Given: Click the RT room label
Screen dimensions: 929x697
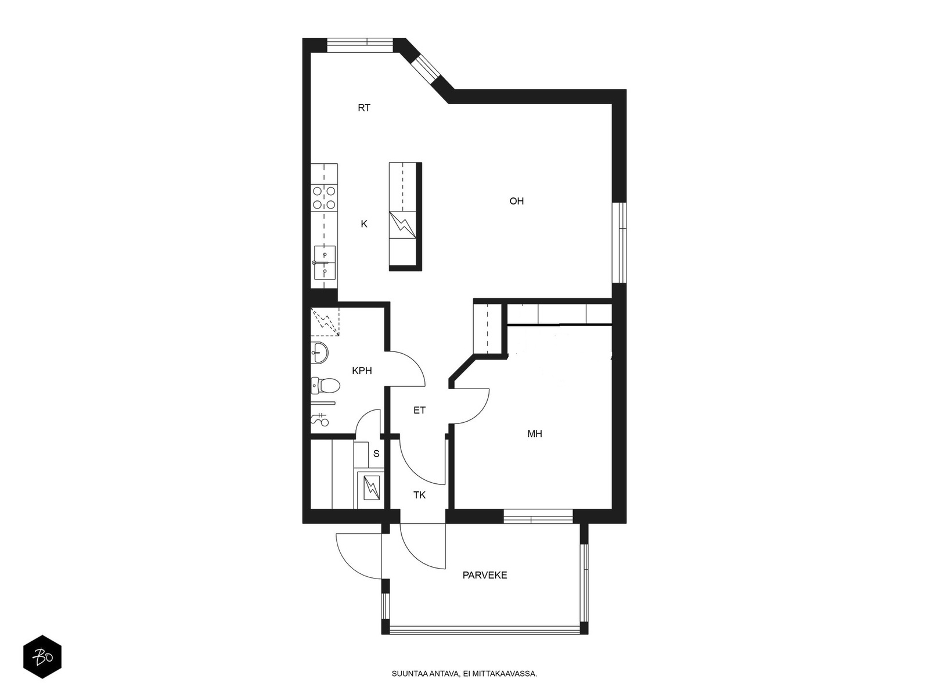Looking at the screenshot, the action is pos(363,108).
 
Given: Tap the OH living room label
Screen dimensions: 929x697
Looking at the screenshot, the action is pos(516,201).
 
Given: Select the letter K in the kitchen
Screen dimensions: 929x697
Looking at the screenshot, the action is pos(363,224).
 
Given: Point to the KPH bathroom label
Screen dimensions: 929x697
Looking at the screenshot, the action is pos(362,371).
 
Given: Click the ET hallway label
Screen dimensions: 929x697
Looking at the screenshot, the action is pos(419,410).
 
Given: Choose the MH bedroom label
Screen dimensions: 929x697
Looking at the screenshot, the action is pos(535,433).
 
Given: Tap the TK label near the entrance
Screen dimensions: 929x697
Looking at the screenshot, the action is pos(419,495).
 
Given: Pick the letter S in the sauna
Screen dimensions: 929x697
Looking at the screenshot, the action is pos(376,454).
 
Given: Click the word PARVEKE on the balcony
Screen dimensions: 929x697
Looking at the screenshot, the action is pos(485,575).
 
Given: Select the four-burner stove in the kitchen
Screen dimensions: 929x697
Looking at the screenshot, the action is pos(324,198).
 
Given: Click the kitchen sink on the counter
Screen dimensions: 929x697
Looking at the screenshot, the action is pos(324,263).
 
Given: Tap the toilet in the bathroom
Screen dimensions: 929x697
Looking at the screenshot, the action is pos(325,385).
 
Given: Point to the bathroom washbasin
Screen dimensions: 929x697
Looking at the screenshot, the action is pos(319,352).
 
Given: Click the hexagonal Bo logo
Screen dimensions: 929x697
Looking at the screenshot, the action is pos(42,657).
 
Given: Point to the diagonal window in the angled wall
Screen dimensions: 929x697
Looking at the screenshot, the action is pos(426,69).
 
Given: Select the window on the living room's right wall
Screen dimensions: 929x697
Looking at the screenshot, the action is pos(620,242).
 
